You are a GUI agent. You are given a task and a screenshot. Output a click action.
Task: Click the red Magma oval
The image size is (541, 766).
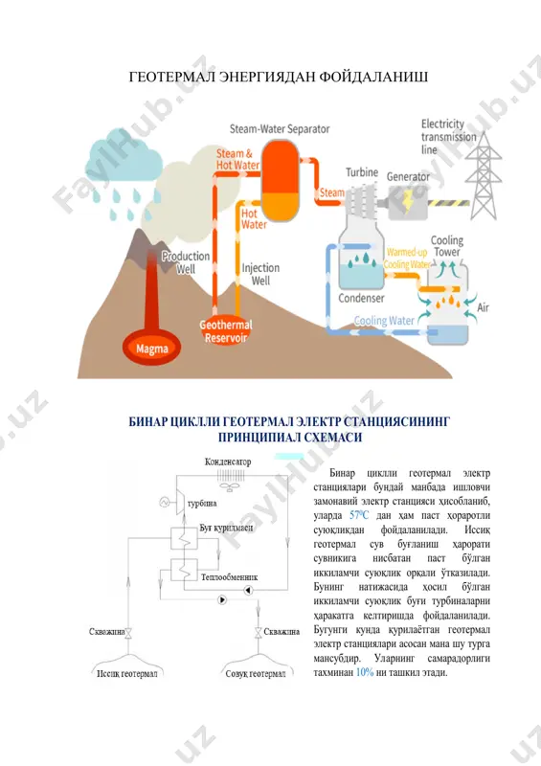[x=151, y=348]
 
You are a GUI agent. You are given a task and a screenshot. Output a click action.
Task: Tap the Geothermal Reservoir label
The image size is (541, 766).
[x=226, y=331]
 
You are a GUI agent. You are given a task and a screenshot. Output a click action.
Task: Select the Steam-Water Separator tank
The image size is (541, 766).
[x=280, y=181]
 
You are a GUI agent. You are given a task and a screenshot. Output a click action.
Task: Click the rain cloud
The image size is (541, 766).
[x=124, y=159]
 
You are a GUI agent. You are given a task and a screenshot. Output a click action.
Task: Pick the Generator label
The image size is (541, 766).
[x=408, y=177]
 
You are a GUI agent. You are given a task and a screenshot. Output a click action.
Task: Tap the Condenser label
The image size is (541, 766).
[x=361, y=298]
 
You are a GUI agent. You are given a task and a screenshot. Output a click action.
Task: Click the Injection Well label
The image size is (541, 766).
[x=260, y=274]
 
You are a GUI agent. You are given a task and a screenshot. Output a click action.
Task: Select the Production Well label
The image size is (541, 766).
[x=186, y=262]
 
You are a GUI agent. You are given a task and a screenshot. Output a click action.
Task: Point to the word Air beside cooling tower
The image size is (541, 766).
[x=483, y=307]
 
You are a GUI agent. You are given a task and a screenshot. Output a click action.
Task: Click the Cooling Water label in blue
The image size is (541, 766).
[x=384, y=321]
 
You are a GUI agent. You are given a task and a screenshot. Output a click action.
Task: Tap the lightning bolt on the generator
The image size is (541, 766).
[x=407, y=201]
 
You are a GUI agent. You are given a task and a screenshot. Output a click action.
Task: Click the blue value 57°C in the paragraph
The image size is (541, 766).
[x=359, y=515]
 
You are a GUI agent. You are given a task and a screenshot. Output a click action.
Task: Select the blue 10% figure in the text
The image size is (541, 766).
[x=365, y=672]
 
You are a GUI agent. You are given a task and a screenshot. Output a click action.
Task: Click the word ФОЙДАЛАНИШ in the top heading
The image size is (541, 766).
[x=373, y=77]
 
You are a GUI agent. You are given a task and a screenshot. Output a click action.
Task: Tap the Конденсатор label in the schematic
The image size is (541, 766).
[x=228, y=462]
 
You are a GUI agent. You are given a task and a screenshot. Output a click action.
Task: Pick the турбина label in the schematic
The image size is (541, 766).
[x=202, y=504]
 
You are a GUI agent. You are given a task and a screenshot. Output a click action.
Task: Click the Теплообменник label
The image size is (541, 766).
[x=229, y=577]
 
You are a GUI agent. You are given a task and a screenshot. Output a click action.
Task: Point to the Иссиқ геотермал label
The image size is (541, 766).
[x=126, y=674]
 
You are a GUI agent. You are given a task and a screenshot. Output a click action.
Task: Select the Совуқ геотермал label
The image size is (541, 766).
[x=256, y=674]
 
